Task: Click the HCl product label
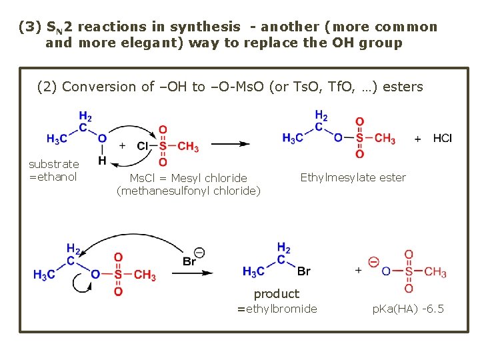442,138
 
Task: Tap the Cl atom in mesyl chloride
143,146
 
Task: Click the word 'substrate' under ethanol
53,164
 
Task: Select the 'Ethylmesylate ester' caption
353,177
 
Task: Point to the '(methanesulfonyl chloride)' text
189,191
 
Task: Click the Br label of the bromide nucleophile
190,261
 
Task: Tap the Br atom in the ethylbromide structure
304,271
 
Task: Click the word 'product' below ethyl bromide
277,293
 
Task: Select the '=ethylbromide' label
277,309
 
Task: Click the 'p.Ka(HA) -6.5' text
408,309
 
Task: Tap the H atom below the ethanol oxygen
102,161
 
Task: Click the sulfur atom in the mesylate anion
408,271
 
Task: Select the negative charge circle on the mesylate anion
373,261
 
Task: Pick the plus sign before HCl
418,139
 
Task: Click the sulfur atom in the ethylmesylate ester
360,138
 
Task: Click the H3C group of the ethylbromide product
254,271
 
